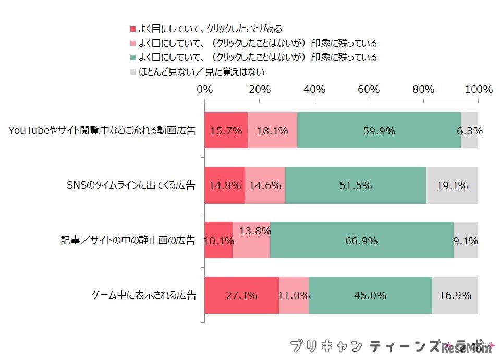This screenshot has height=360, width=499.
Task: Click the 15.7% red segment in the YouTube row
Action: click(x=226, y=131)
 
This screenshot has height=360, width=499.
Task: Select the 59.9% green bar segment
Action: click(x=379, y=131)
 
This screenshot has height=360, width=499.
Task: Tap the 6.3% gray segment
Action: click(x=470, y=131)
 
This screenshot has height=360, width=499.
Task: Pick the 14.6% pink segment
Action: click(x=265, y=185)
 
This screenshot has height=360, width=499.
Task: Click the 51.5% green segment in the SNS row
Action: click(x=356, y=185)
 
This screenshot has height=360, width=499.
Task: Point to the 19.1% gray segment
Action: click(x=452, y=185)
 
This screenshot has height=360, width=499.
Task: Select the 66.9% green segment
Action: click(x=361, y=241)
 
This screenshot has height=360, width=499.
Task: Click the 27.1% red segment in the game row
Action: click(x=241, y=295)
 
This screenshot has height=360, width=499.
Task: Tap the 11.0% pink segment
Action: click(x=294, y=295)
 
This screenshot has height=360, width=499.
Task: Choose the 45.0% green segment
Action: click(x=370, y=295)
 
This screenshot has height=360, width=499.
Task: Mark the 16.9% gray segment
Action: click(x=455, y=295)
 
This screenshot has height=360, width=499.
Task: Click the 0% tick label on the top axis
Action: click(x=205, y=89)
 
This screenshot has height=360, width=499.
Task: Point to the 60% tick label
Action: click(x=369, y=89)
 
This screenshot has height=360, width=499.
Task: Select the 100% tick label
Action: click(x=478, y=89)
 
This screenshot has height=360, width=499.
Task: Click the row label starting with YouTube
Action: click(x=102, y=131)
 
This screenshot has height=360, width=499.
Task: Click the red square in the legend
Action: click(x=132, y=29)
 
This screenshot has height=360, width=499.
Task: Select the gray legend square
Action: click(x=132, y=72)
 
